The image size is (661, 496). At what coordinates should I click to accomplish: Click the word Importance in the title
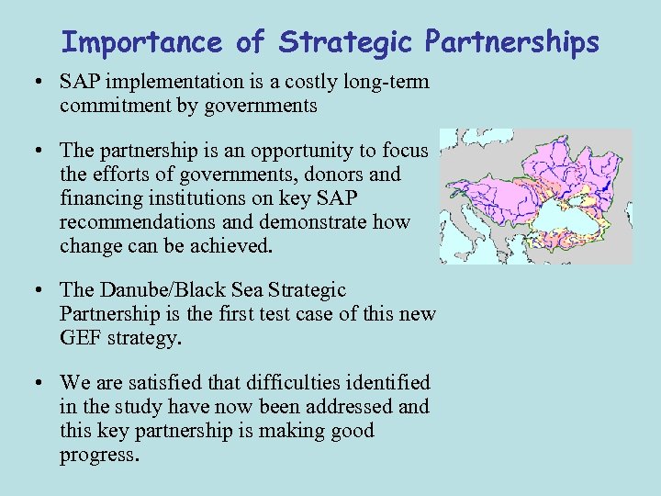click(x=141, y=42)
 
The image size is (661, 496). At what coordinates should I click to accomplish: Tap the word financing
click(x=100, y=198)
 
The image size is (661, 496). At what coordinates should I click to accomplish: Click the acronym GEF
click(x=80, y=337)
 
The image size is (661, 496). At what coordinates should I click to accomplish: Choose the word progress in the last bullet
click(x=99, y=455)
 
